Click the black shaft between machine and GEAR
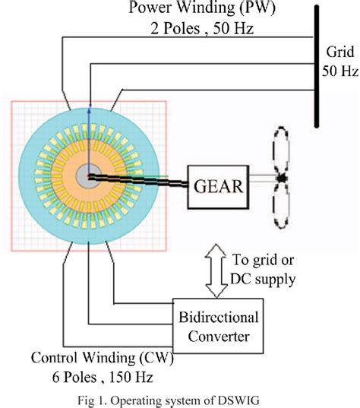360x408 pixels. click(144, 181)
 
